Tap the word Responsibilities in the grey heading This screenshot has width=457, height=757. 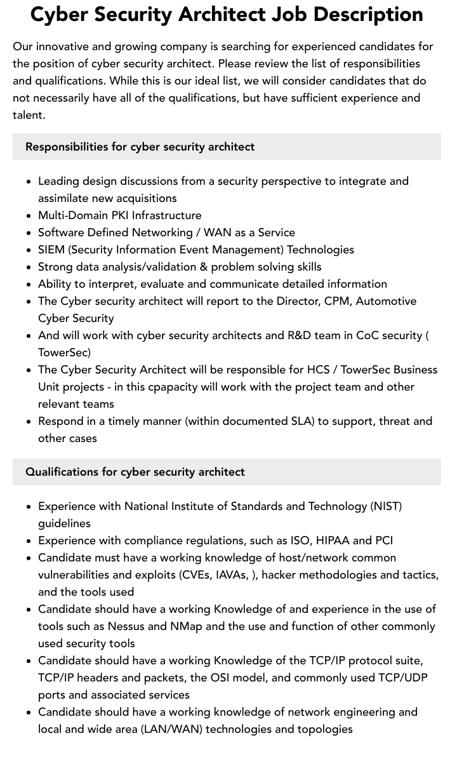click(67, 147)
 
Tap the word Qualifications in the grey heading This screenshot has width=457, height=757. click(62, 472)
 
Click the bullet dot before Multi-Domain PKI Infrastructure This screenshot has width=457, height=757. click(29, 216)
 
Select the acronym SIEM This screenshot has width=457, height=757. click(51, 250)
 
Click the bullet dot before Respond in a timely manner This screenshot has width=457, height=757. click(29, 422)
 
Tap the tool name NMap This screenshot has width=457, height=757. click(186, 626)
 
